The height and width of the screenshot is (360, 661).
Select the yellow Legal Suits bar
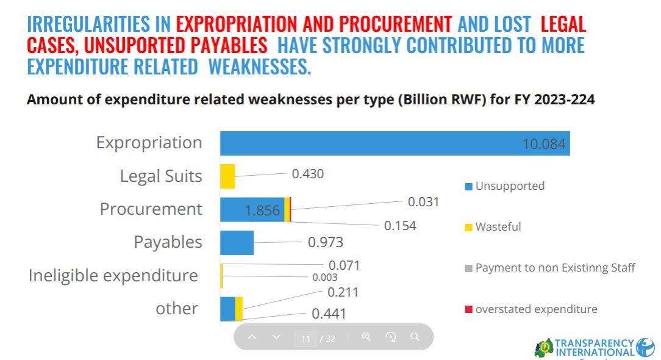point(227,176)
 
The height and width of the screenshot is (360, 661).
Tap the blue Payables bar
point(237,242)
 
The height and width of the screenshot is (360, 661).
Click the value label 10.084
point(544,144)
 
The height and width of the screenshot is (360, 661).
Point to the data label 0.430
point(308,174)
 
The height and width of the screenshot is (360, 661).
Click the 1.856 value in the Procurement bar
point(262,211)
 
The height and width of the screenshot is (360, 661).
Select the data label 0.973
point(326,242)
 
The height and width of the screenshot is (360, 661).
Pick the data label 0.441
point(329,314)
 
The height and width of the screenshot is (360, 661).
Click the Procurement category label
point(151,209)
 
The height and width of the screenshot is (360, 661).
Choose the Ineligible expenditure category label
point(113,275)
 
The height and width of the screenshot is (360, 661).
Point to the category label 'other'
point(176,308)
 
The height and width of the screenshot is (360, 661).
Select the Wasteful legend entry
point(498,227)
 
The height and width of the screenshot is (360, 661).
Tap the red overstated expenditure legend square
point(468,309)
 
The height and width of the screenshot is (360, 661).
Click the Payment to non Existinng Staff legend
point(555,268)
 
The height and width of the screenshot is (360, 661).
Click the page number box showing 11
point(305,339)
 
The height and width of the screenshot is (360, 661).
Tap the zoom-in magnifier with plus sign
point(366,337)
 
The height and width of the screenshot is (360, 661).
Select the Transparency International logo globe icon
point(645,347)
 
